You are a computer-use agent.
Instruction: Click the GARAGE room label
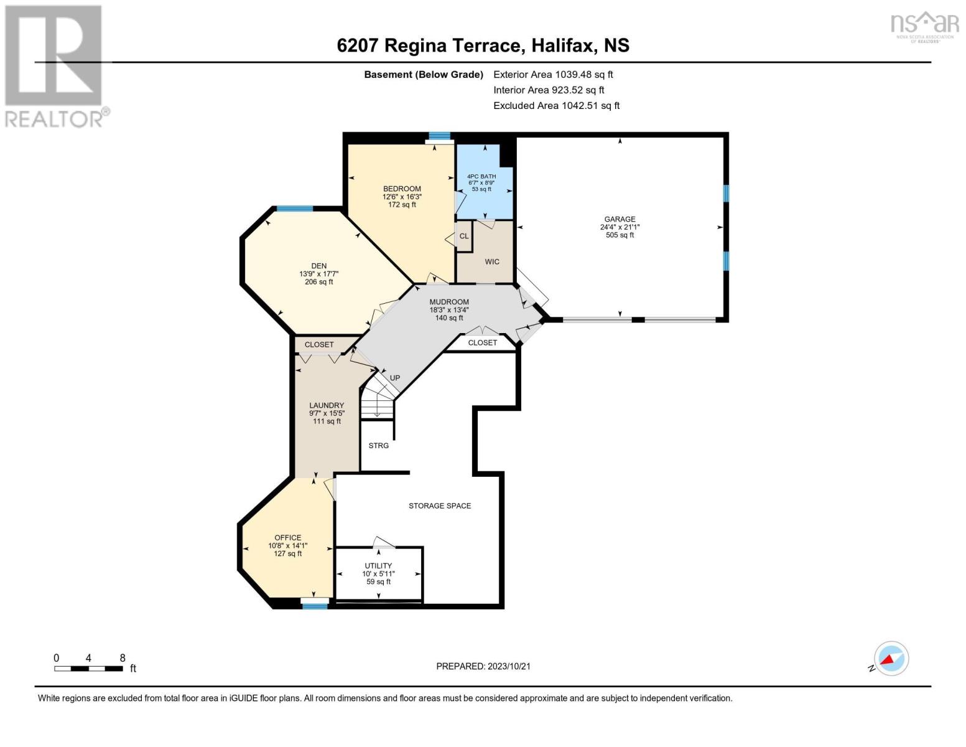(x=620, y=219)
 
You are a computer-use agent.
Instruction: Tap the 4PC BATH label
(x=481, y=176)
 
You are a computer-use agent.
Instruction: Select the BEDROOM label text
(x=402, y=189)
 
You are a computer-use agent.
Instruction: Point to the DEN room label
(x=318, y=266)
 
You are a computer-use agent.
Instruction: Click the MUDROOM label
(x=449, y=302)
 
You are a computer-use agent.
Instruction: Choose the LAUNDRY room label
(x=327, y=405)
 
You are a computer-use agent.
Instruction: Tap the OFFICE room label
(x=287, y=537)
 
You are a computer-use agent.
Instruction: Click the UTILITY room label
(x=378, y=565)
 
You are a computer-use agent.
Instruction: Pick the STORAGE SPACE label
(x=440, y=506)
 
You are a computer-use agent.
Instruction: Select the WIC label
(x=491, y=261)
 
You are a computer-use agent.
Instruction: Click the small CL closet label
(x=463, y=236)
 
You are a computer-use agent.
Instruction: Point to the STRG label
(x=378, y=445)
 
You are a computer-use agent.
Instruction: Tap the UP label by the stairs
(x=395, y=378)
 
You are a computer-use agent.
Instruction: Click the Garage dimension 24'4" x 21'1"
(x=620, y=227)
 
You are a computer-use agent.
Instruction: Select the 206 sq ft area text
(x=318, y=281)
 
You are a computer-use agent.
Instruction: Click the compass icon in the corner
(x=891, y=659)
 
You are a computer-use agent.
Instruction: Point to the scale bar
(x=88, y=669)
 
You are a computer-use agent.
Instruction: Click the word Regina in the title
(x=416, y=46)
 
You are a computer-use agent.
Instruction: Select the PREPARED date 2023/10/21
(x=509, y=666)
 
